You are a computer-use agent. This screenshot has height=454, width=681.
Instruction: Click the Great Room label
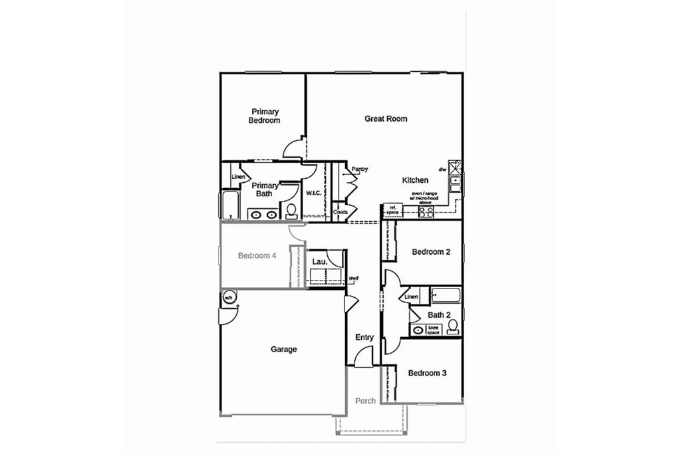pos(386,119)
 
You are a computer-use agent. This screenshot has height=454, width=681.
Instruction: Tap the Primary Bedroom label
pos(265,116)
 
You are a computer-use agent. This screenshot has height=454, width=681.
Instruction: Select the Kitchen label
pos(415,180)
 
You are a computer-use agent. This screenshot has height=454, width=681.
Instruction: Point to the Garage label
pos(283,349)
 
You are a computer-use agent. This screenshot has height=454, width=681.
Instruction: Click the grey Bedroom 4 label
pos(257,256)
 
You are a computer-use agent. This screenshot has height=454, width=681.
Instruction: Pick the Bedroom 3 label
pos(427,373)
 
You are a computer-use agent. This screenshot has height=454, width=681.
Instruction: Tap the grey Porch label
pos(365,401)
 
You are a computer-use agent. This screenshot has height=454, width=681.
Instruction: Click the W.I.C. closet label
pos(313,193)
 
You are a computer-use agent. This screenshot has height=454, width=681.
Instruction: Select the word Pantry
pos(360,170)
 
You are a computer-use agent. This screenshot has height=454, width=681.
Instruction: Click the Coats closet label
pos(340,212)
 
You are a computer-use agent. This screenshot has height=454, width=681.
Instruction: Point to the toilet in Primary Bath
pos(291,211)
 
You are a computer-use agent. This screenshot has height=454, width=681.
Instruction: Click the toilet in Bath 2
pos(453,326)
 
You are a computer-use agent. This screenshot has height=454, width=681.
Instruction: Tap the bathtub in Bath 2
pos(446,294)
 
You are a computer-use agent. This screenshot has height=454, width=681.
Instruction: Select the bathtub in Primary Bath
pos(229,205)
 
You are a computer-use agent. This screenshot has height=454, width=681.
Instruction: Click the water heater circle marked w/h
pos(228,297)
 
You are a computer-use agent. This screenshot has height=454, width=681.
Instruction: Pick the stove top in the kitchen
pos(426,212)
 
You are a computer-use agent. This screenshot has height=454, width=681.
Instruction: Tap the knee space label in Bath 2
pos(433,330)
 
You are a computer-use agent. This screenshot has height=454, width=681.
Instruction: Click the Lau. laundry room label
pos(319,262)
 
